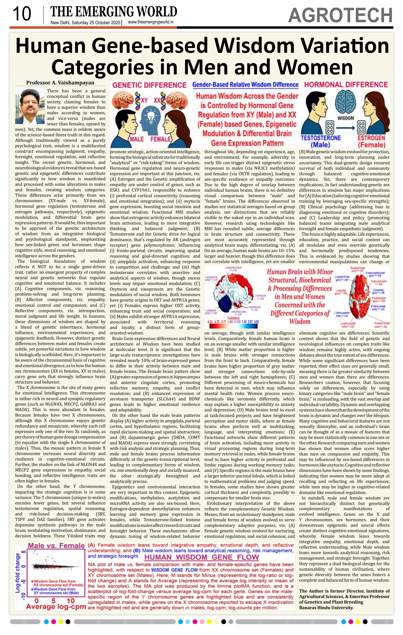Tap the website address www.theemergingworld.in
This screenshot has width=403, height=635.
point(151,22)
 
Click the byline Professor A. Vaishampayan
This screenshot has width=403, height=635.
point(60,83)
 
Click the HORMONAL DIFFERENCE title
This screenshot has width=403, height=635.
point(346,85)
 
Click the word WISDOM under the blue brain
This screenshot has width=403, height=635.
point(345,118)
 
